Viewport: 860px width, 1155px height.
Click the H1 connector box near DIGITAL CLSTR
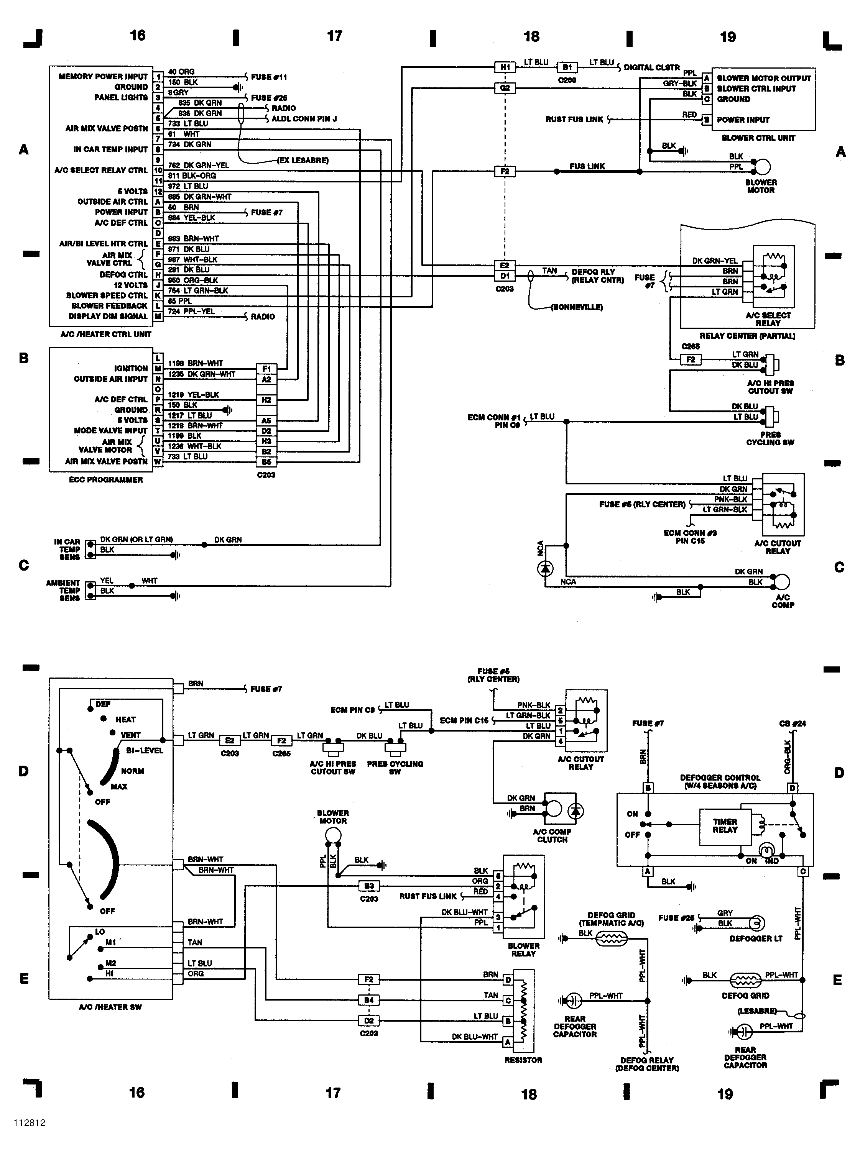point(505,67)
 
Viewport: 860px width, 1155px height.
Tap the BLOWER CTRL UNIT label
point(758,138)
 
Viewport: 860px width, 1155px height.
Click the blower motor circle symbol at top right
point(763,167)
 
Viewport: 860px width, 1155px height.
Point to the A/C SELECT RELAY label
point(768,319)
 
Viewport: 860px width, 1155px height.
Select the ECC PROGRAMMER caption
point(106,480)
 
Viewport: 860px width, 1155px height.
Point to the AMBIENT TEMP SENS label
point(64,591)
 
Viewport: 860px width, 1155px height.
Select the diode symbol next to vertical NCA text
point(545,569)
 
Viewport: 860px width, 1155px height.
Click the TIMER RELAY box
point(725,827)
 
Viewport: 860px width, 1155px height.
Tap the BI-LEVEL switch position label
point(144,751)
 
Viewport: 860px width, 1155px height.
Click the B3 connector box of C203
point(368,886)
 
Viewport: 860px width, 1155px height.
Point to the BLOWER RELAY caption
point(523,950)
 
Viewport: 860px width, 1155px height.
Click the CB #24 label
point(792,724)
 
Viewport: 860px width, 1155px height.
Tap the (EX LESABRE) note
point(303,160)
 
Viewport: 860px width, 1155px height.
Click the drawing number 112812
point(29,1123)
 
